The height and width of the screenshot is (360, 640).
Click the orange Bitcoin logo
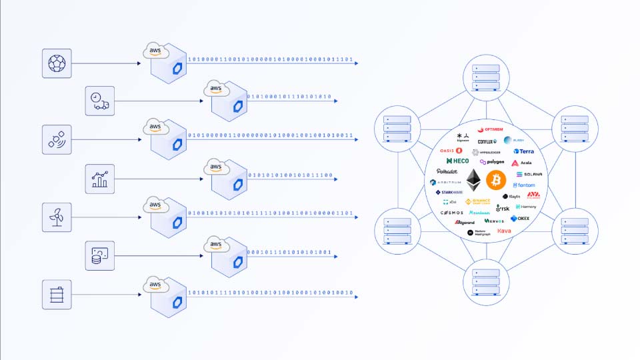click(496, 179)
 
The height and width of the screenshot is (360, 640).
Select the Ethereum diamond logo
click(473, 180)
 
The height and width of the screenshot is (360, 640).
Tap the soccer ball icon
click(57, 63)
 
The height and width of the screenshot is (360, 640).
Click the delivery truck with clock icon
click(99, 101)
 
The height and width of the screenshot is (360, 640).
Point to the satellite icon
click(57, 140)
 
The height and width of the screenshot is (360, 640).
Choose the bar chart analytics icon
click(99, 179)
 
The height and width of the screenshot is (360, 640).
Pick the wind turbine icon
click(57, 217)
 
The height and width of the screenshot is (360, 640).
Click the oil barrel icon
click(57, 294)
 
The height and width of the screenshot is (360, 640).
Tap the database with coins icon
click(99, 255)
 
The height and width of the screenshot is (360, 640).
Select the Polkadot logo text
click(447, 171)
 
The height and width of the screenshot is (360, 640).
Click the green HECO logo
click(458, 161)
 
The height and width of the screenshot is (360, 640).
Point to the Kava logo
click(504, 231)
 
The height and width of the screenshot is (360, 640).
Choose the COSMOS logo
click(451, 213)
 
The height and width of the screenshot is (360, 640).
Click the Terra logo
click(523, 151)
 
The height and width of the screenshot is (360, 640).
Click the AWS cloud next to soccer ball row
click(155, 51)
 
